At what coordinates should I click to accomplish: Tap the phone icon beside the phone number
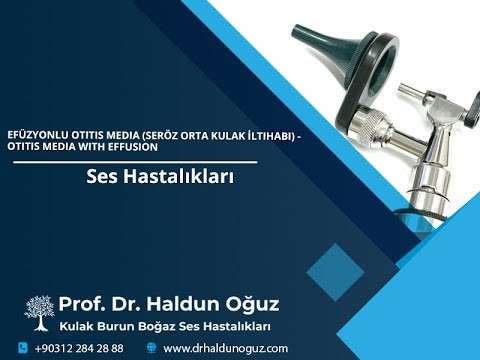point(22,348)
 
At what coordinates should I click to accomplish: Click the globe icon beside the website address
point(151,348)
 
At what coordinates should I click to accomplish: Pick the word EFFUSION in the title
point(128,146)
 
